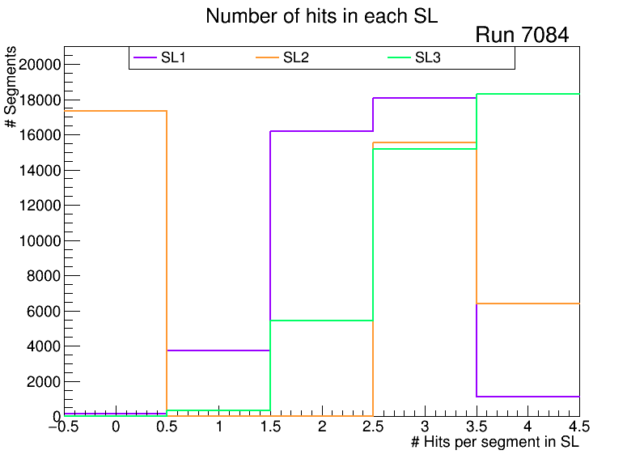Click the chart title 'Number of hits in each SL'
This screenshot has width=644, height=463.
click(x=321, y=16)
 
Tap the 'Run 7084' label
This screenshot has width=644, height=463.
click(x=522, y=36)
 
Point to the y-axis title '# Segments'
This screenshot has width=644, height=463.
click(x=11, y=87)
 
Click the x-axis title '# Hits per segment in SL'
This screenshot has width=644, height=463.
click(x=495, y=443)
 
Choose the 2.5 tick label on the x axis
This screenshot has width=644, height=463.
click(x=373, y=427)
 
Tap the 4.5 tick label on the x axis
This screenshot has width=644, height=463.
click(x=578, y=427)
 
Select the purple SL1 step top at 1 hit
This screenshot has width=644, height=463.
click(x=218, y=350)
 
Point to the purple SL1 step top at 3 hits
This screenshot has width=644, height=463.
click(x=425, y=98)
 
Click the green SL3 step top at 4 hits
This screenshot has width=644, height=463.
click(x=527, y=94)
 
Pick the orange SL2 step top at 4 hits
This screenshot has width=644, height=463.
click(x=527, y=304)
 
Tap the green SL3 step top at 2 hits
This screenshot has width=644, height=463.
click(x=321, y=321)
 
